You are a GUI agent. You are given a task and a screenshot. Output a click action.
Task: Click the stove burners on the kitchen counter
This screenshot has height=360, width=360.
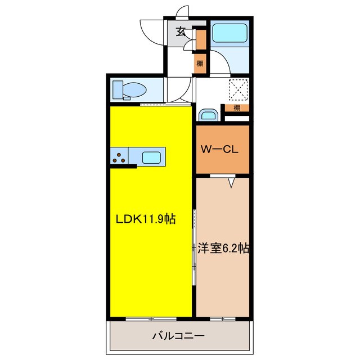[x=119, y=157]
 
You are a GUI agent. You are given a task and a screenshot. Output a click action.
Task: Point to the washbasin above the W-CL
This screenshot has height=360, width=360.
[x=208, y=115]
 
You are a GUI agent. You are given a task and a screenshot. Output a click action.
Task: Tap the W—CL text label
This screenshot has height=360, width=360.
[x=222, y=150]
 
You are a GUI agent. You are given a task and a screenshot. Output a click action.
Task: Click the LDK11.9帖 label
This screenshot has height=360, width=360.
[x=146, y=219]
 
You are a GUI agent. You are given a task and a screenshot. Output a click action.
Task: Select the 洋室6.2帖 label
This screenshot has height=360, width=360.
[x=223, y=247]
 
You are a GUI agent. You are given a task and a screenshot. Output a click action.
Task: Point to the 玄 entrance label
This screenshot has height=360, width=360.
[x=181, y=32]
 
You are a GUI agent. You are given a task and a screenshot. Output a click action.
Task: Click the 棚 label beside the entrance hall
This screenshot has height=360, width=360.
[x=200, y=63]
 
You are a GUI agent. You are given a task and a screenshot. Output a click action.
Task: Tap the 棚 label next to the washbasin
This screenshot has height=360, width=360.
[x=237, y=107]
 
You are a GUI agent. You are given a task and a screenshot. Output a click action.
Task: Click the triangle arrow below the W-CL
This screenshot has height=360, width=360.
[x=231, y=182]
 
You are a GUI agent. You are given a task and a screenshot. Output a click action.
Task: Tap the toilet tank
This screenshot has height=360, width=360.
[x=118, y=89]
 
